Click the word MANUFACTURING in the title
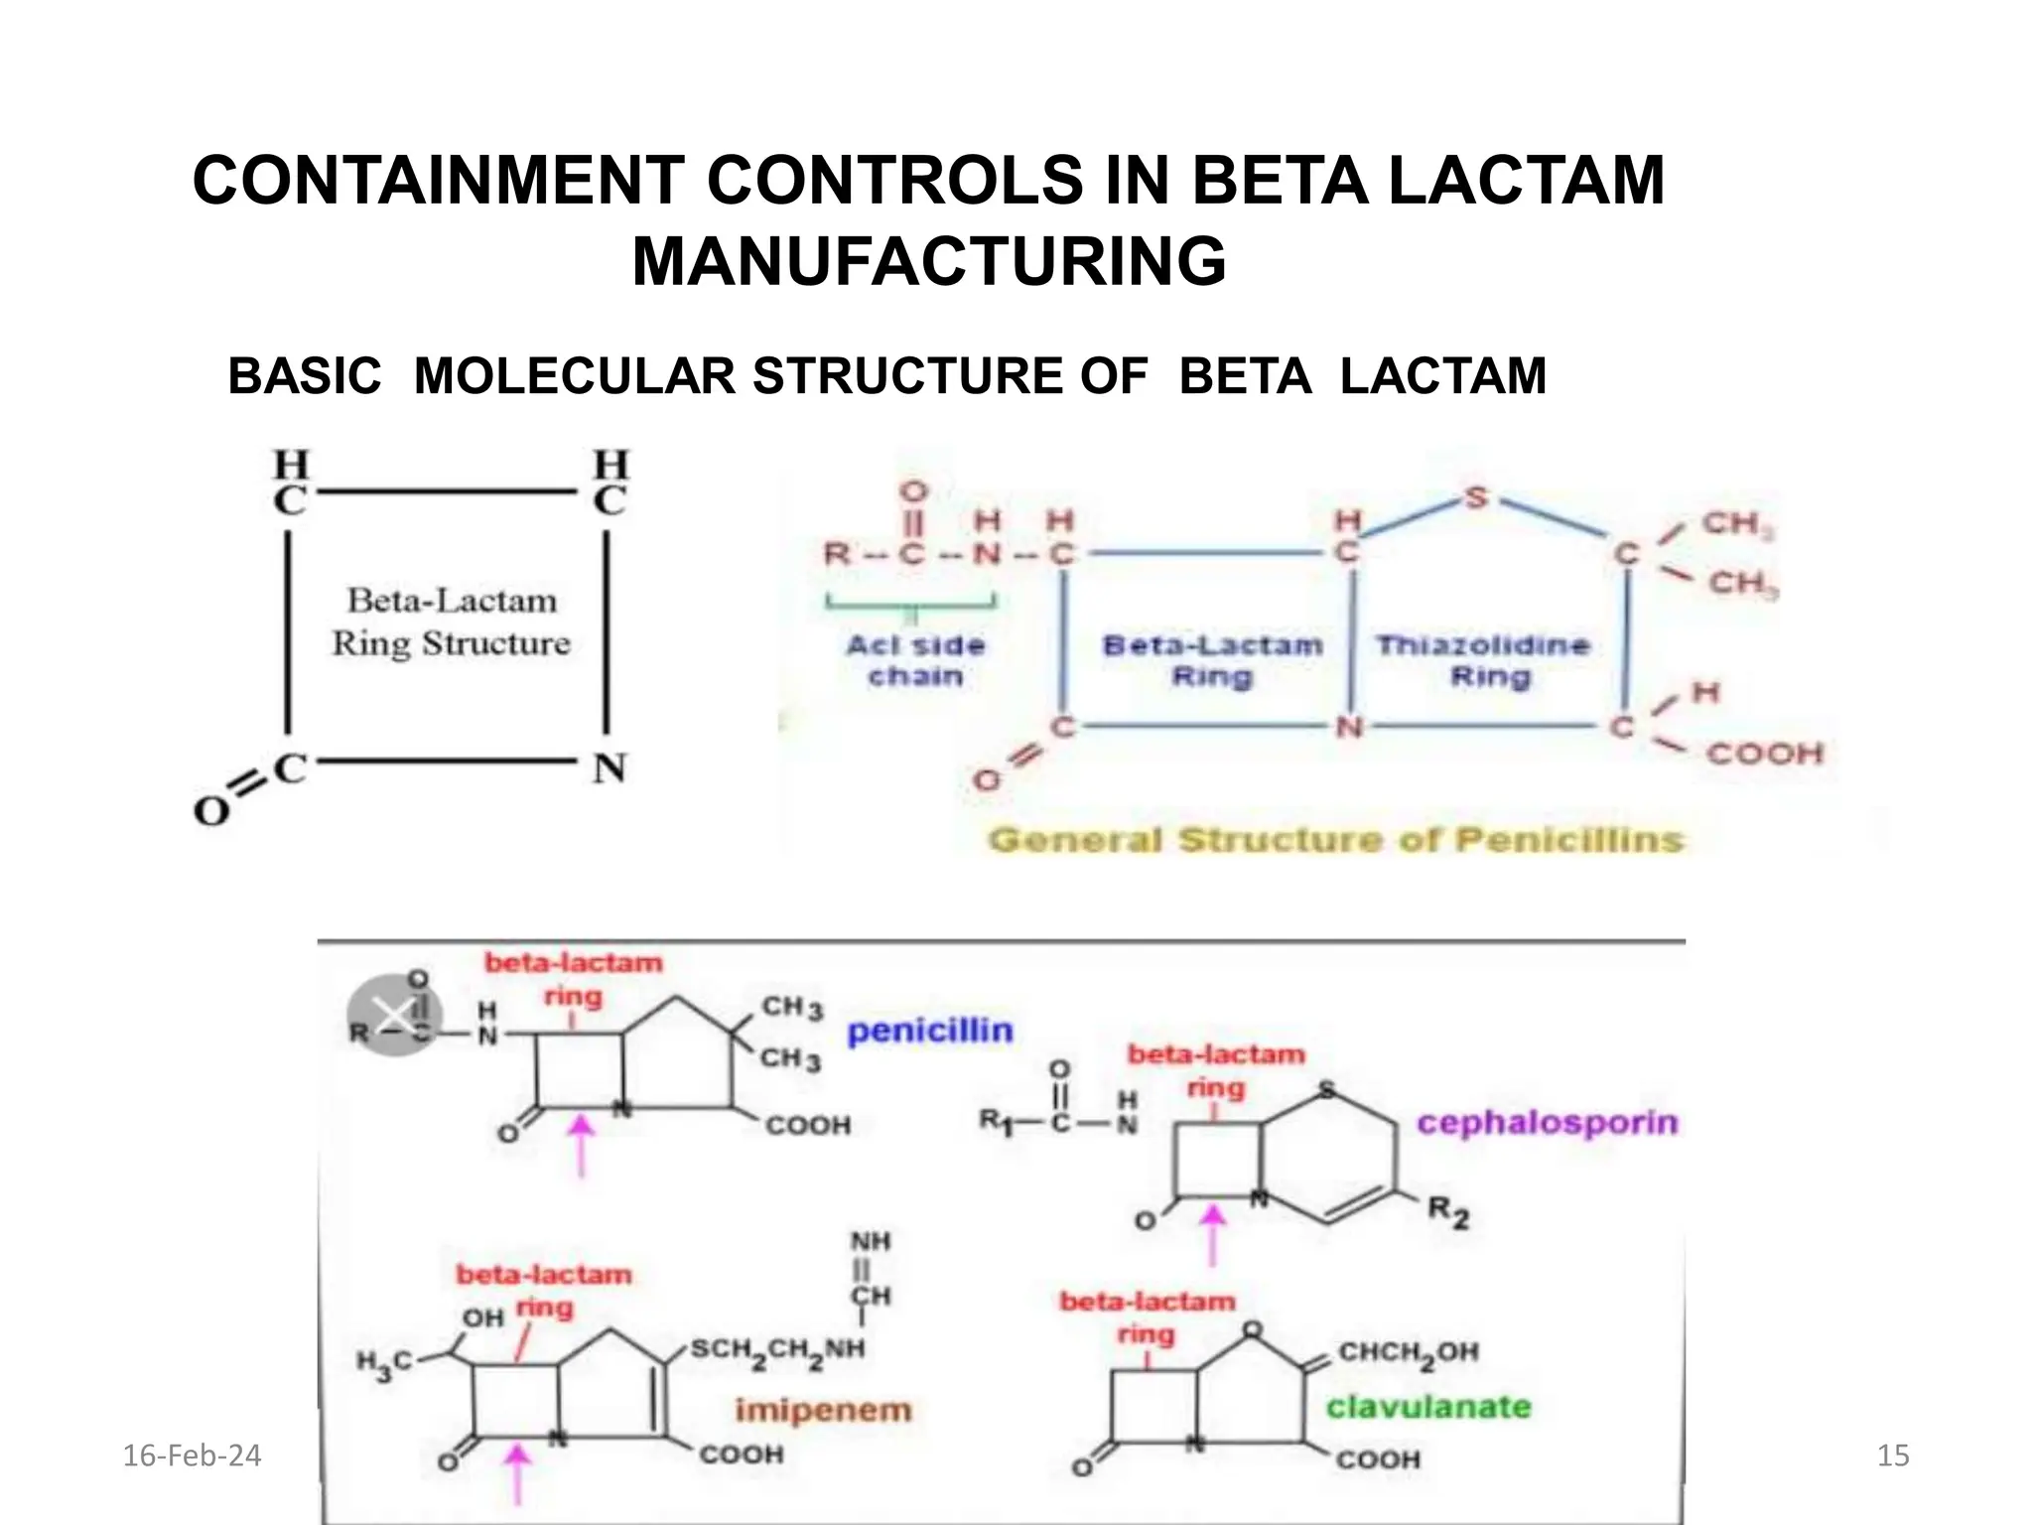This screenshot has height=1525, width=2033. coord(929,262)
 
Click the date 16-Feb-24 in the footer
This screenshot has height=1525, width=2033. coord(192,1456)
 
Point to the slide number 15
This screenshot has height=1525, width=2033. coord(1893,1456)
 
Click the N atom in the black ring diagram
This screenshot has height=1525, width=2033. coord(610,767)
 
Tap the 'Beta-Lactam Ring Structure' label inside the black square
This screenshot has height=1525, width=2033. coord(451,623)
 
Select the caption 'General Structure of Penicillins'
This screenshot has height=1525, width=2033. coord(1336,841)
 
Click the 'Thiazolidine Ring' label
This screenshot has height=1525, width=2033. coord(1483,661)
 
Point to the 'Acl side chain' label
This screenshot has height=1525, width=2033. coord(916,661)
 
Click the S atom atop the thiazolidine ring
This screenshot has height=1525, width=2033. coord(1476,496)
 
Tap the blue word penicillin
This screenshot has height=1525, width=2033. coord(930,1032)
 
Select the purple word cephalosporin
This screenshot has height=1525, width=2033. coord(1547,1123)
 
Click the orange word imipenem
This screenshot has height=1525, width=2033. coord(823,1410)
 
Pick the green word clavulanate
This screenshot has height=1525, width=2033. coord(1428,1407)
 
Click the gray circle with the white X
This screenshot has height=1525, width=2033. coord(395,1016)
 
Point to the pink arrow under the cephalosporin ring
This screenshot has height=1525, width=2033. coord(1212,1234)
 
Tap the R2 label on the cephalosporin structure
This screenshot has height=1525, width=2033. coord(1447,1212)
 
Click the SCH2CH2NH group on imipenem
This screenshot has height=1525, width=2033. coord(777,1349)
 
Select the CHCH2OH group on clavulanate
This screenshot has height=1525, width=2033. coord(1409,1352)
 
